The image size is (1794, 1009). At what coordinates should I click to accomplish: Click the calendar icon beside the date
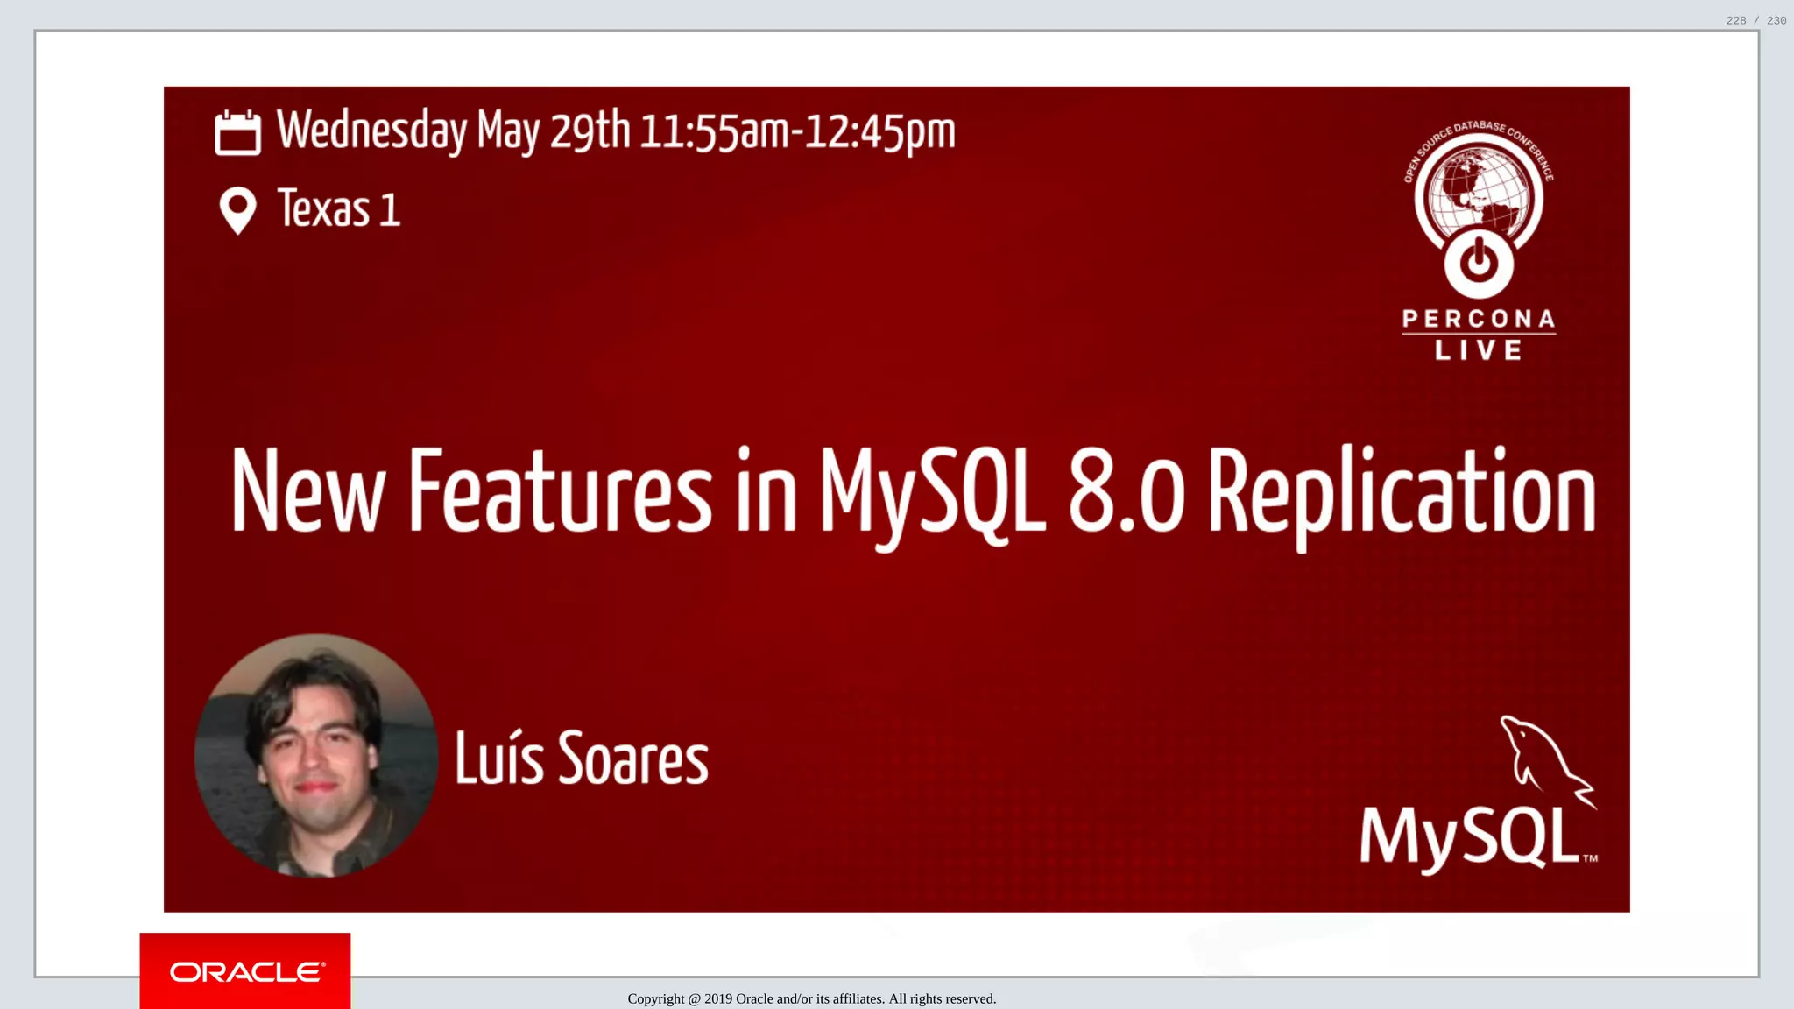pyautogui.click(x=237, y=132)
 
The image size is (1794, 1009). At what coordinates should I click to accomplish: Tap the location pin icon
pyautogui.click(x=237, y=210)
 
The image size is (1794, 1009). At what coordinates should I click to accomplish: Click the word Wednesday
pyautogui.click(x=371, y=131)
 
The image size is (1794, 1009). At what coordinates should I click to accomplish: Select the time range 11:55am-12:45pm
pyautogui.click(x=797, y=132)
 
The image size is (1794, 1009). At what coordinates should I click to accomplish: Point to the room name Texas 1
pyautogui.click(x=339, y=209)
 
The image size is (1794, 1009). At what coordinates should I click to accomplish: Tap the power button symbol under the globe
pyautogui.click(x=1479, y=262)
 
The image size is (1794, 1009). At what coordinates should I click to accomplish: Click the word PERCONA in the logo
pyautogui.click(x=1479, y=319)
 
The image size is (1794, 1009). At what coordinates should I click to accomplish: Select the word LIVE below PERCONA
pyautogui.click(x=1479, y=350)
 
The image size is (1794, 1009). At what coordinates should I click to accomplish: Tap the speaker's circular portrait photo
pyautogui.click(x=316, y=755)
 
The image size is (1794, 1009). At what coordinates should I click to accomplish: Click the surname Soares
pyautogui.click(x=633, y=759)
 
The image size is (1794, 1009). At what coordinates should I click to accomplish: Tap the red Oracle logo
pyautogui.click(x=245, y=971)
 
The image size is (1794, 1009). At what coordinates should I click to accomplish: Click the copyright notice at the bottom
pyautogui.click(x=811, y=999)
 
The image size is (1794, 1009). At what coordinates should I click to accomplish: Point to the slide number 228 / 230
pyautogui.click(x=1755, y=20)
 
